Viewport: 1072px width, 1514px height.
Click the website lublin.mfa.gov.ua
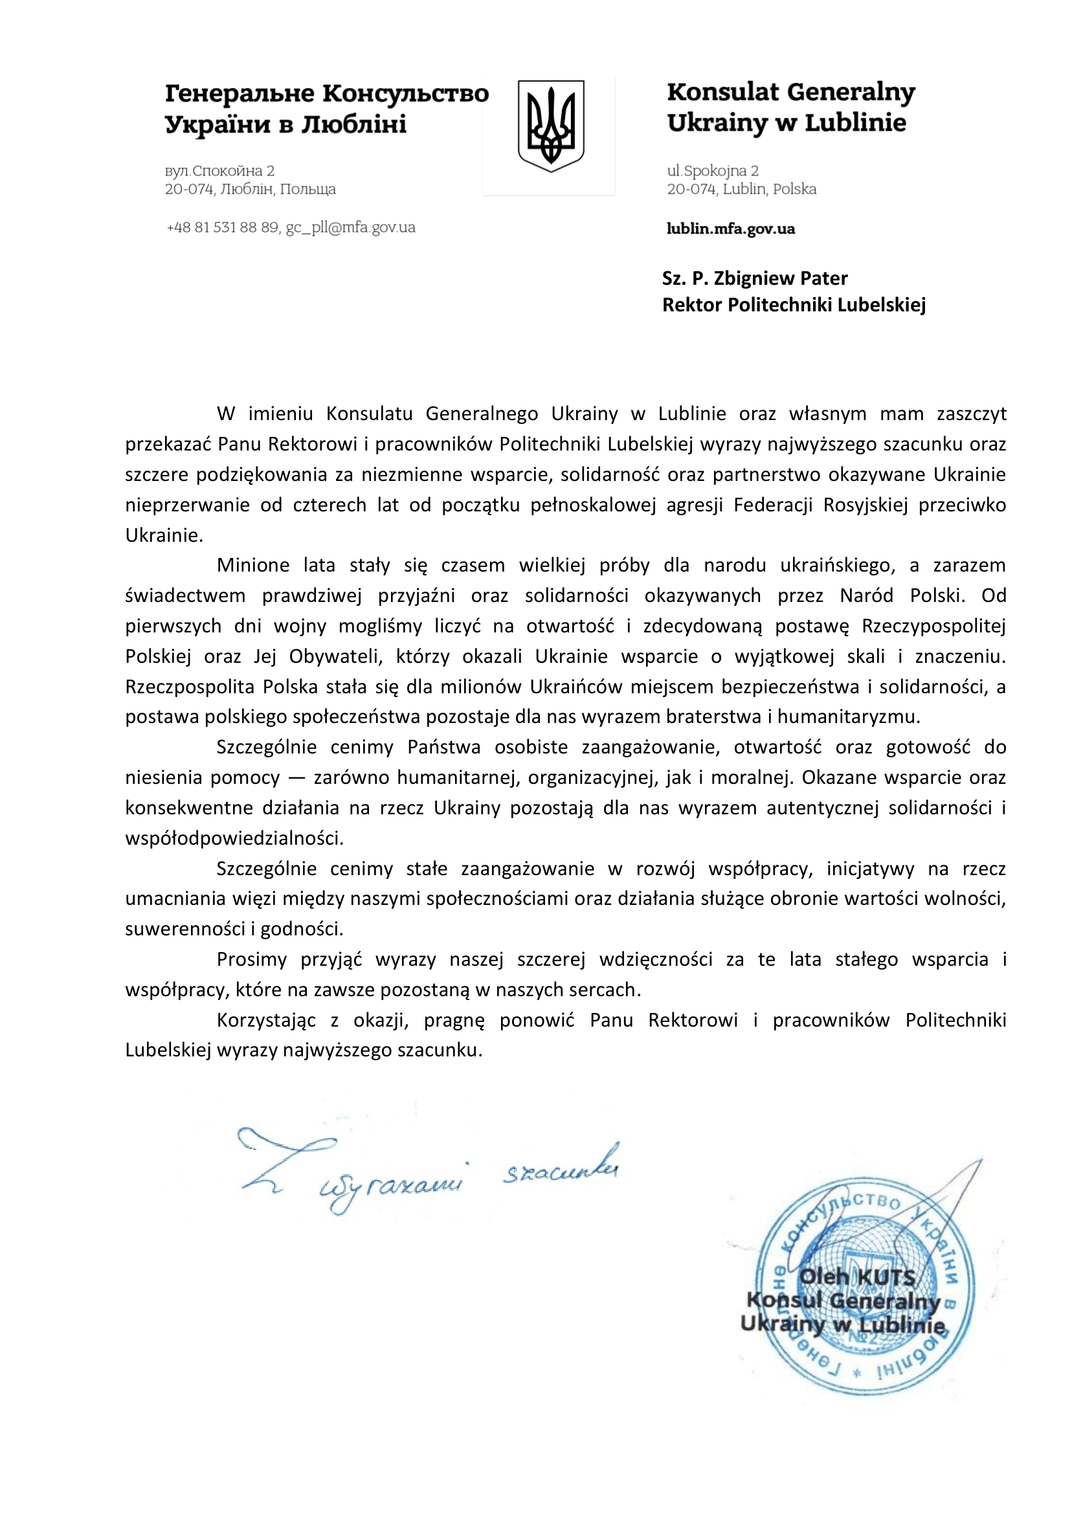pyautogui.click(x=730, y=229)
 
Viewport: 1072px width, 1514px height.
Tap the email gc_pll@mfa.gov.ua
pyautogui.click(x=350, y=228)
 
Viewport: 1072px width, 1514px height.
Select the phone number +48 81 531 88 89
pyautogui.click(x=223, y=228)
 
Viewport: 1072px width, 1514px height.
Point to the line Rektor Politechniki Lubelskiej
pyautogui.click(x=794, y=305)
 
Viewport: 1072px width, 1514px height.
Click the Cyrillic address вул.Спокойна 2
pyautogui.click(x=219, y=171)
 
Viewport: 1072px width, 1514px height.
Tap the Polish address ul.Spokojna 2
pyautogui.click(x=712, y=171)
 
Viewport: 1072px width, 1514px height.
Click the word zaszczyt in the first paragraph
pyautogui.click(x=971, y=414)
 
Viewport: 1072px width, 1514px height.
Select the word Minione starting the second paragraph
pyautogui.click(x=253, y=566)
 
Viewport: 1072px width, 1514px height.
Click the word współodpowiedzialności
pyautogui.click(x=234, y=839)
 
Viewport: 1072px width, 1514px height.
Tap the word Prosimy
pyautogui.click(x=252, y=960)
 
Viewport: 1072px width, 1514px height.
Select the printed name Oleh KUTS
pyautogui.click(x=857, y=1277)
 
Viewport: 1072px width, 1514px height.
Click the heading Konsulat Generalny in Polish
pyautogui.click(x=791, y=93)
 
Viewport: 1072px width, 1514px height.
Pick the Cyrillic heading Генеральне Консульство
pyautogui.click(x=327, y=94)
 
